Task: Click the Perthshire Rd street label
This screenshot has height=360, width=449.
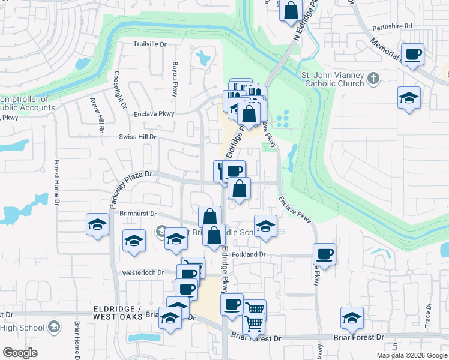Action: (x=391, y=26)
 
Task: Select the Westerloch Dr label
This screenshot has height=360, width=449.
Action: (x=143, y=272)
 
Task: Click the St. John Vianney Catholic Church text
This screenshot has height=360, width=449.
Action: (x=332, y=80)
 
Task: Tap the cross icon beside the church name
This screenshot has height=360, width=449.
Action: (x=373, y=78)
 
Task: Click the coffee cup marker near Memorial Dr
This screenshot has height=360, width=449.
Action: (x=413, y=55)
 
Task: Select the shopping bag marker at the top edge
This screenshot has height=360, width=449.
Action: (x=291, y=11)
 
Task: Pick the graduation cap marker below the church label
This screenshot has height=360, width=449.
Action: (x=409, y=98)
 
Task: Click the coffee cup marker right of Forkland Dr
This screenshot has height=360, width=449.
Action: (x=324, y=254)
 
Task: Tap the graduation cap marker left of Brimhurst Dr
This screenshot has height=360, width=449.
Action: (x=97, y=224)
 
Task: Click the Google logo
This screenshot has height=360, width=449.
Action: (x=20, y=353)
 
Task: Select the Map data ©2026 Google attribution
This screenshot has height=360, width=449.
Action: (x=412, y=355)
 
